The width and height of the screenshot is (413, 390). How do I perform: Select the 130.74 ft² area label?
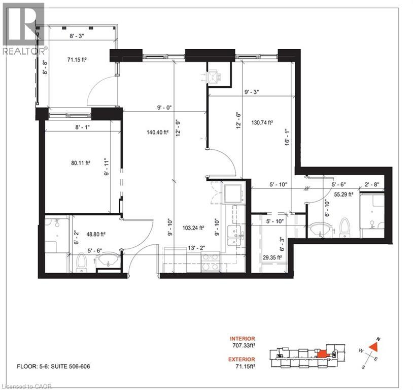[x=263, y=122]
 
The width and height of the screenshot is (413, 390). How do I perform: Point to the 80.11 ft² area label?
[x=80, y=163]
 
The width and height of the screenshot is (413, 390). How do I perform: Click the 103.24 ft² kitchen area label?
[x=193, y=228]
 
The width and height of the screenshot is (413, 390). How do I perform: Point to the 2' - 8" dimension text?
[x=371, y=186]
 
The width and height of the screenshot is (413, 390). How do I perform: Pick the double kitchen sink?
[x=234, y=233]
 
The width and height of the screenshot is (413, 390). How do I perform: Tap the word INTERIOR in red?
[x=243, y=338]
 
